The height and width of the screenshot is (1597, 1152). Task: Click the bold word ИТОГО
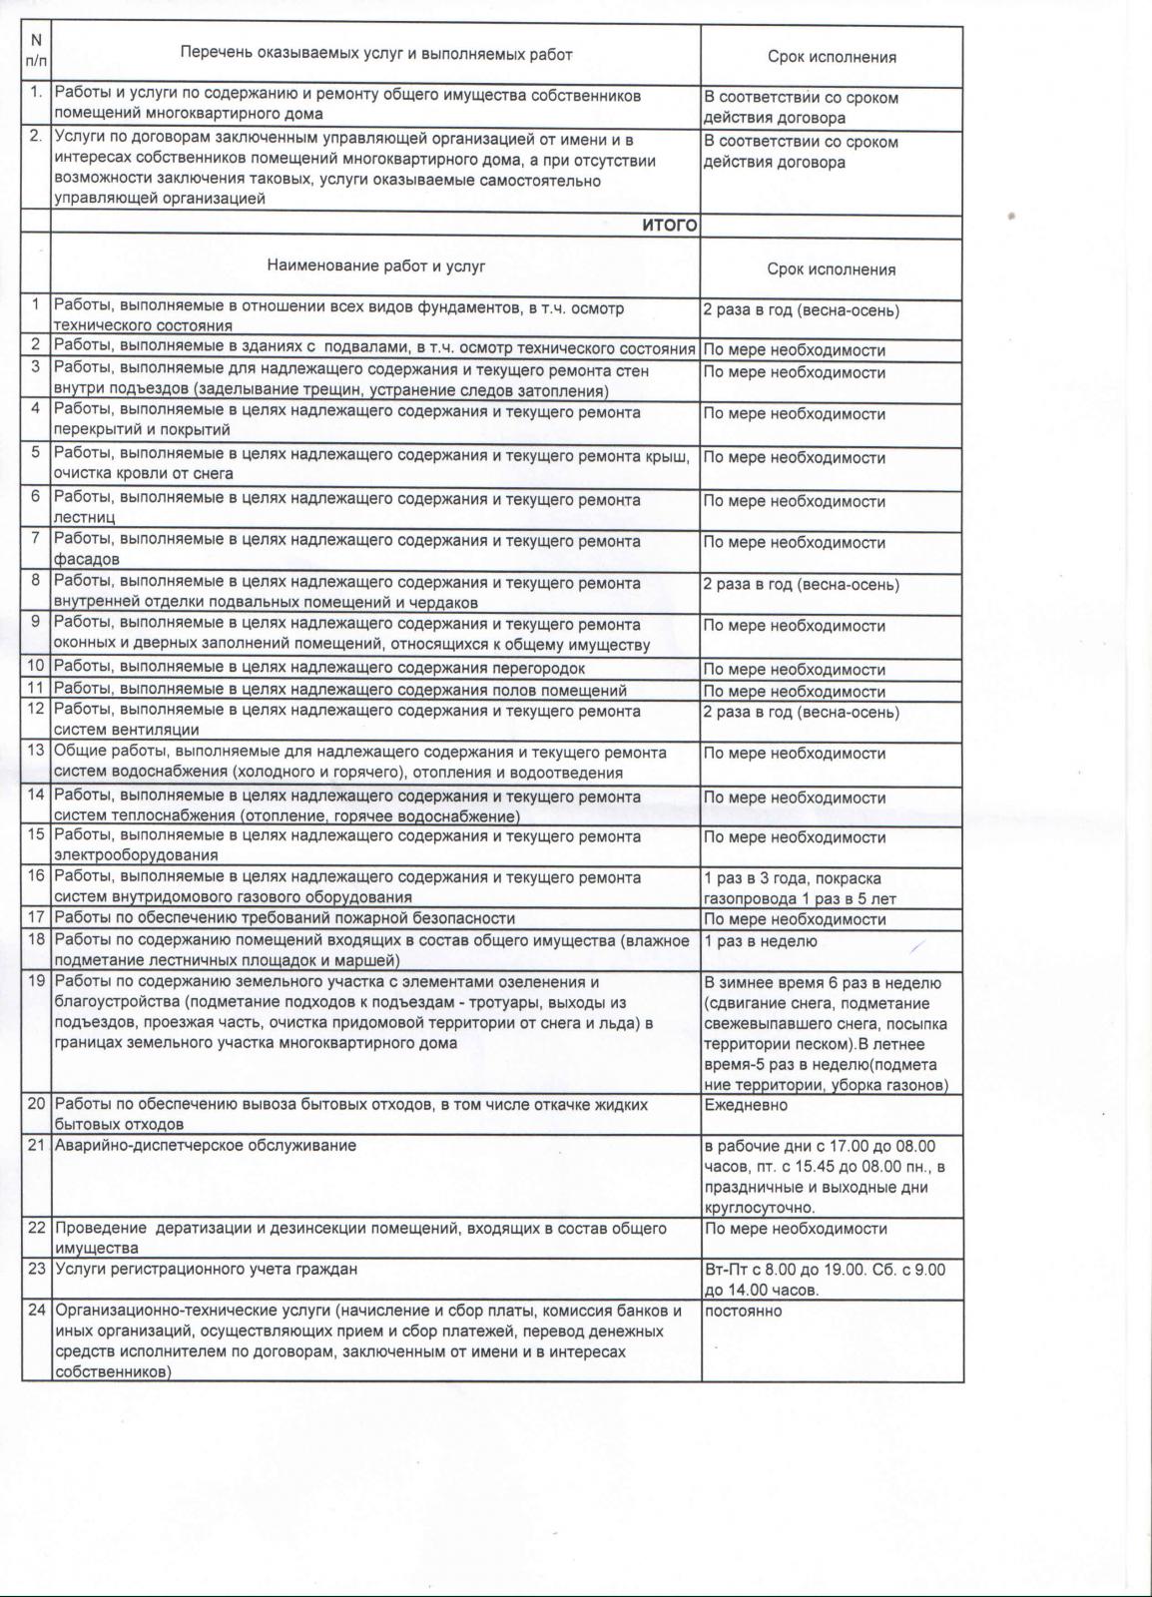pos(669,227)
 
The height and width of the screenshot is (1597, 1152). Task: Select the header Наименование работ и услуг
pos(375,266)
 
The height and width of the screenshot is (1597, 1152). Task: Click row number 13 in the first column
pos(36,752)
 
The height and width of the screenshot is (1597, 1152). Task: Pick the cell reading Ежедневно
pos(746,1105)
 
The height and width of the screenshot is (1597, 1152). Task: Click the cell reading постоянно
pos(744,1311)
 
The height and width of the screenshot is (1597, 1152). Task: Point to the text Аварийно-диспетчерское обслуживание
pos(205,1146)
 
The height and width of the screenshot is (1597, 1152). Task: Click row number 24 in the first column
pos(36,1311)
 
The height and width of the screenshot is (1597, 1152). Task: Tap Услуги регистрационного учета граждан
pos(206,1270)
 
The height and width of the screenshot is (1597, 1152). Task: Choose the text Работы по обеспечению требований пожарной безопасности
pos(285,918)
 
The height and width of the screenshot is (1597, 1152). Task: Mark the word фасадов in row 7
pos(87,560)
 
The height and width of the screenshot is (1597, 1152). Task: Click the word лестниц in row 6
pos(85,518)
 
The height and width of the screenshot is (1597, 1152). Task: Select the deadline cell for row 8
pos(801,585)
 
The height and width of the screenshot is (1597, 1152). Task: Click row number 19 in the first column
pos(36,981)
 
